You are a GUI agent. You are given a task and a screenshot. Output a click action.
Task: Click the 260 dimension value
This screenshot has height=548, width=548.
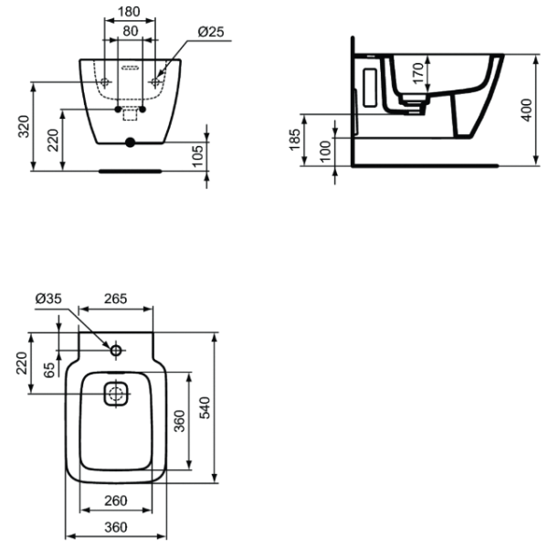(114, 501)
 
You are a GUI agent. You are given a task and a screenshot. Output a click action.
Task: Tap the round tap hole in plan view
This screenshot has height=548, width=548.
(116, 351)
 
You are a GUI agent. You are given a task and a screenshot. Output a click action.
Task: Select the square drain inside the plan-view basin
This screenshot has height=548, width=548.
(116, 395)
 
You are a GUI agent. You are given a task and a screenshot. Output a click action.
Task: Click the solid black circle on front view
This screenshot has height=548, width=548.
(129, 142)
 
